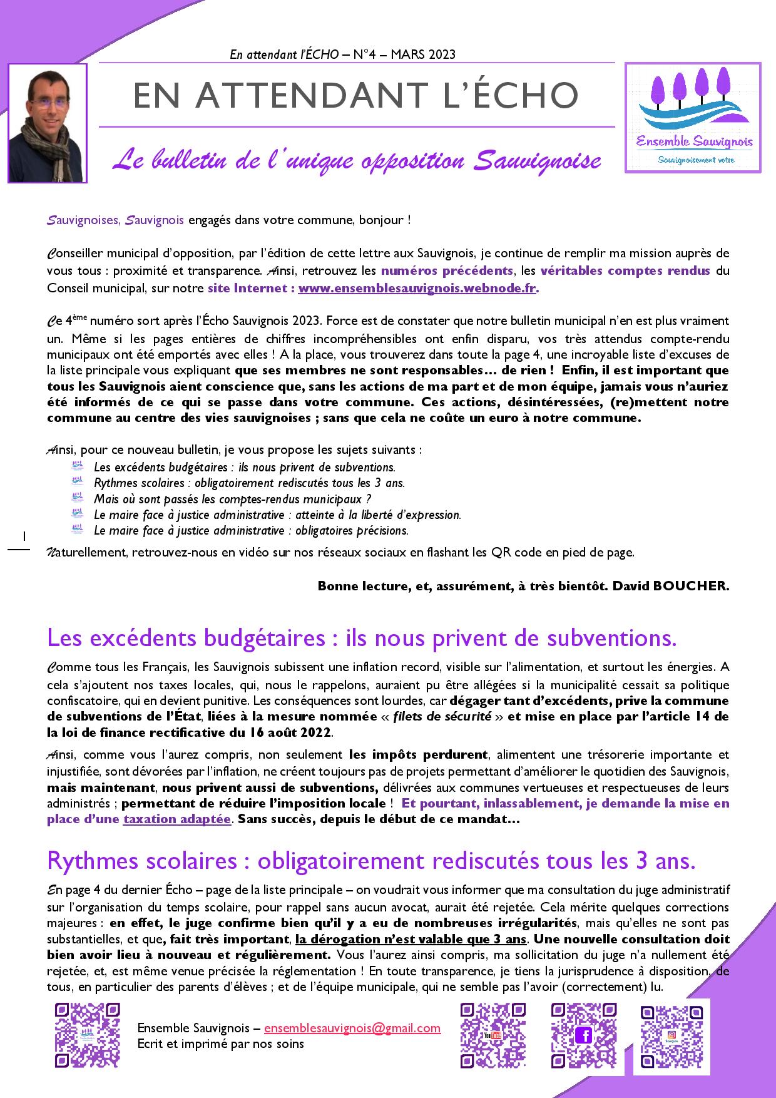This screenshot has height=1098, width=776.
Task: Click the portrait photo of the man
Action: [x=47, y=123]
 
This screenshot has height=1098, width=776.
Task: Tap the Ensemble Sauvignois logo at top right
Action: [x=693, y=118]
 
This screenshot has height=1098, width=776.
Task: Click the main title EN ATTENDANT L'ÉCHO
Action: [x=356, y=95]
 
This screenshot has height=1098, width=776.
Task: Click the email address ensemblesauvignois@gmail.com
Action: [x=352, y=1029]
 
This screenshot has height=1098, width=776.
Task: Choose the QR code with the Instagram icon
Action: [x=672, y=1036]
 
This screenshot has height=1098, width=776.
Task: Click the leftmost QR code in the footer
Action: [x=87, y=1036]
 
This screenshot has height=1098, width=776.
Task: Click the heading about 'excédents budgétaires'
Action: [x=362, y=639]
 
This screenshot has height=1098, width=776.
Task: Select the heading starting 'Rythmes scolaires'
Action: [x=371, y=861]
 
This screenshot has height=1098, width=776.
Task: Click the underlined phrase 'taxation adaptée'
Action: [x=177, y=819]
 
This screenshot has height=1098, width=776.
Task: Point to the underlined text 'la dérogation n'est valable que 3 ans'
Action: [x=411, y=939]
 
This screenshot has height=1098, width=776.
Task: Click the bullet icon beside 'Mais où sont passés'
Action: [x=78, y=498]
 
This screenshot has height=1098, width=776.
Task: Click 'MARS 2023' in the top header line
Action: [x=423, y=54]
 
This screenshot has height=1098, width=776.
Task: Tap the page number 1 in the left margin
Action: [x=23, y=536]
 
